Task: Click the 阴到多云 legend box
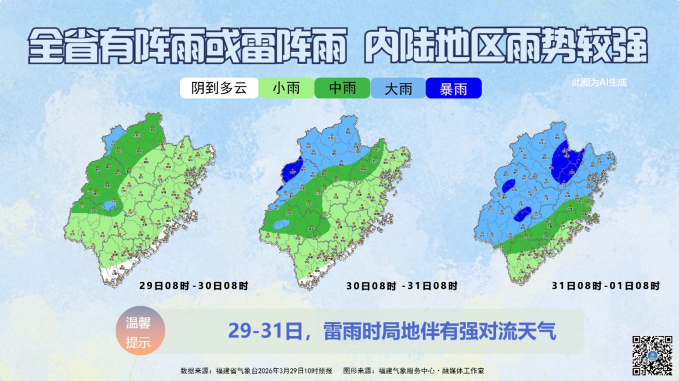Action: point(219,89)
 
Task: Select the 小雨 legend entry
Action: point(286,89)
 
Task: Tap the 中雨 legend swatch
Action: point(342,89)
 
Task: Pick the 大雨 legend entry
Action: point(398,89)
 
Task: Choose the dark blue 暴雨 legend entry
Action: point(453,89)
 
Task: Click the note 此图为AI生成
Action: point(599,82)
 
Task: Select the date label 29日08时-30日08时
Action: point(194,286)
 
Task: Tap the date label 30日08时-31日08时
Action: point(401,286)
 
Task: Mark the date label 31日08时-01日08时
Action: point(605,286)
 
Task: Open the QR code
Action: point(652,355)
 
